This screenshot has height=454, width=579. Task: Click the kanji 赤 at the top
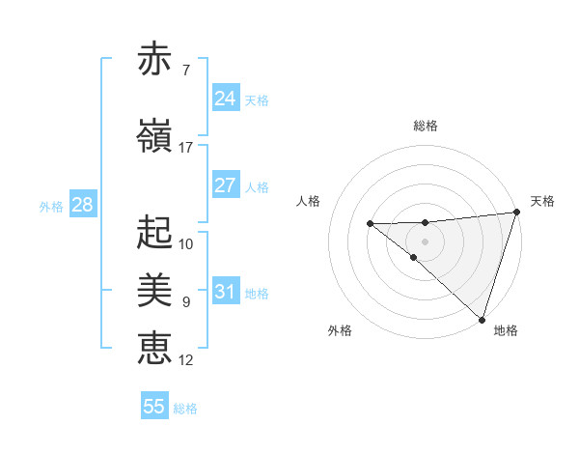(155, 59)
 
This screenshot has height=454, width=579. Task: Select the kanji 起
(155, 232)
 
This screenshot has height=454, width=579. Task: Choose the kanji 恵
(155, 347)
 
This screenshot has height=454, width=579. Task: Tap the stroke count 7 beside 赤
(185, 71)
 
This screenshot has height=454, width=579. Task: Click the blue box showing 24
(225, 98)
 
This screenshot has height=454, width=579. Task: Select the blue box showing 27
(225, 185)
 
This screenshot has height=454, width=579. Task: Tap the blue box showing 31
(225, 292)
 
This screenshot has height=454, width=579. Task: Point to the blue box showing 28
(81, 205)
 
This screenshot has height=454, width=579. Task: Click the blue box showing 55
(154, 407)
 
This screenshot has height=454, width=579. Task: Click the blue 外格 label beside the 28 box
(51, 207)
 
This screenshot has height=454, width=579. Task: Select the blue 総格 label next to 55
(186, 409)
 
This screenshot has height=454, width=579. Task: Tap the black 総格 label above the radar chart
(425, 126)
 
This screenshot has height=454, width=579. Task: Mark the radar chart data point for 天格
(516, 213)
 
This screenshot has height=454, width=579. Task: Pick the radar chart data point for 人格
(370, 224)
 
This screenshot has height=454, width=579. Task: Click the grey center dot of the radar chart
(425, 241)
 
